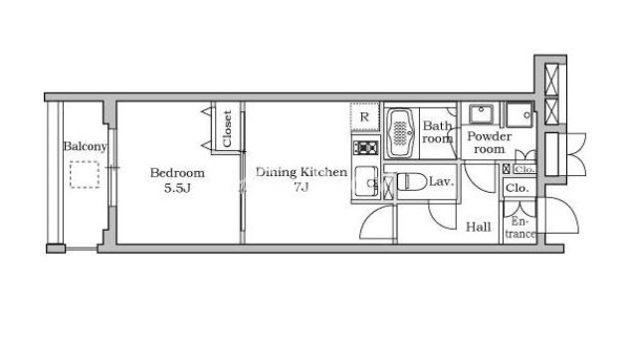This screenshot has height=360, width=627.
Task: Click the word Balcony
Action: (85, 146)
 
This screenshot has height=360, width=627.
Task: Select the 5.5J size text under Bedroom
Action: (177, 188)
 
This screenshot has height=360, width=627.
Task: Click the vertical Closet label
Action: (227, 128)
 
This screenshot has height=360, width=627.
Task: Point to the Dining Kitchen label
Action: (302, 172)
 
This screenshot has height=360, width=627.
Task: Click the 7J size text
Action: (302, 187)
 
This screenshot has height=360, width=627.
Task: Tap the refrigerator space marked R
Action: (364, 116)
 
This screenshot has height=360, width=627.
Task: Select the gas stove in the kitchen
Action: (365, 148)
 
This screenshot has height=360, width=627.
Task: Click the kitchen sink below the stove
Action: (366, 182)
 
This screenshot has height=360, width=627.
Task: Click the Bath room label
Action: (438, 132)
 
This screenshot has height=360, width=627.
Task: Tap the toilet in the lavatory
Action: (412, 182)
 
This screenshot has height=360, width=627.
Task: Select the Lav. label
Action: (442, 182)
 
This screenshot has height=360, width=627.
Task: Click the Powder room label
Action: (489, 142)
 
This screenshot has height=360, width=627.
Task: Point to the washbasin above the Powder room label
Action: (481, 114)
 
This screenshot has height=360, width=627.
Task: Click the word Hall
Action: (479, 228)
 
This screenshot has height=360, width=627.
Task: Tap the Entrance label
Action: (520, 228)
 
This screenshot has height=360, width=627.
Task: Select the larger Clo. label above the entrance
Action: (518, 188)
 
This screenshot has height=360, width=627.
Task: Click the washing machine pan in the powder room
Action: (520, 114)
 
